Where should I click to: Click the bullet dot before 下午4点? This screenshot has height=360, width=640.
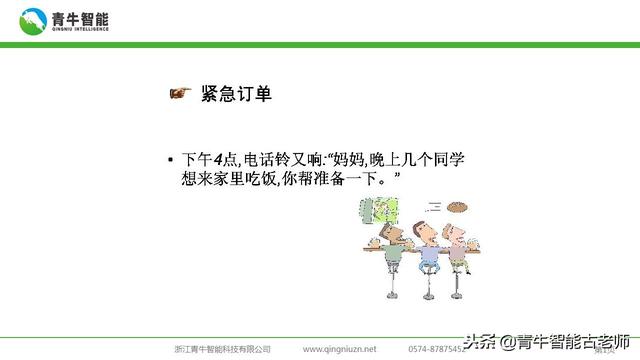pyautogui.click(x=171, y=161)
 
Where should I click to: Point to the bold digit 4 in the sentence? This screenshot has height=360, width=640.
pyautogui.click(x=218, y=160)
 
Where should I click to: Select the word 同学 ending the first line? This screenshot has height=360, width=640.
pyautogui.click(x=449, y=160)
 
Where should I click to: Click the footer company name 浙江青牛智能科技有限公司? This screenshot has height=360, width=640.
pyautogui.click(x=222, y=349)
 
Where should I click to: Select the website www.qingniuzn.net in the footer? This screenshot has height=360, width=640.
pyautogui.click(x=340, y=349)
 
